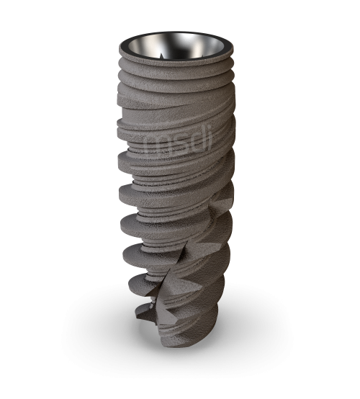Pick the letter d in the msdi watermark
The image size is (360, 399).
tap(192, 140)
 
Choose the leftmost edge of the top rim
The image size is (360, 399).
tap(120, 48)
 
